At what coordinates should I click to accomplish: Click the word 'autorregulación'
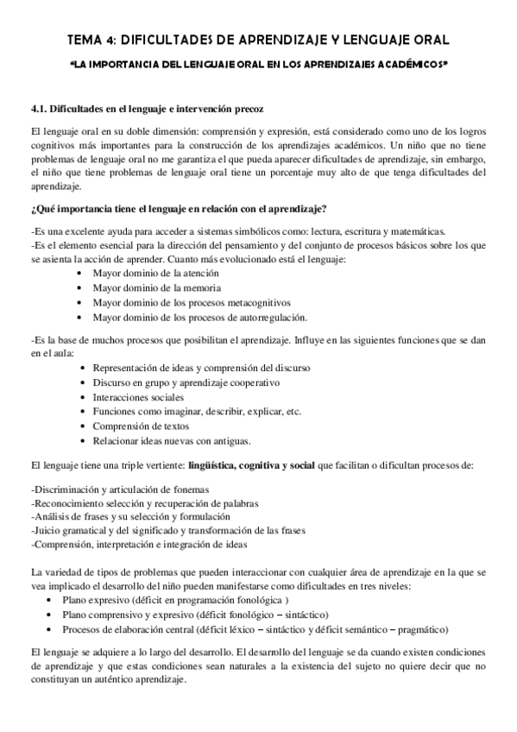click(x=267, y=317)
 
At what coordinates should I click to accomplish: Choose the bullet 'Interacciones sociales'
click(x=141, y=397)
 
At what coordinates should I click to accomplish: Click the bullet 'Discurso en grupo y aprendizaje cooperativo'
click(x=185, y=382)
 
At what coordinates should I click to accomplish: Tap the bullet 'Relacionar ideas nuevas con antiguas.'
click(x=171, y=441)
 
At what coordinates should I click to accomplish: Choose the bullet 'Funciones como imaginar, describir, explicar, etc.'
click(x=196, y=412)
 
